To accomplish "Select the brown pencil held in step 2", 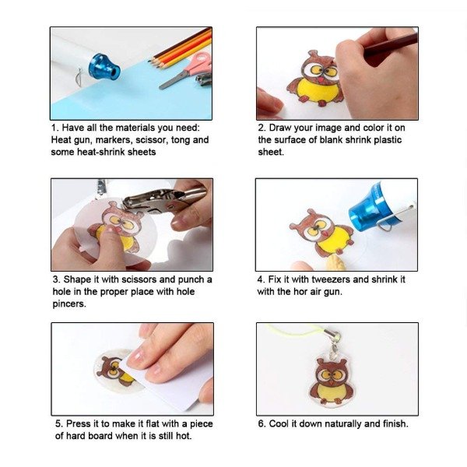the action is (x=390, y=44).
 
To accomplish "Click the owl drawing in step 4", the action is (x=322, y=232).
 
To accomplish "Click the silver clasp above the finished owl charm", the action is (x=334, y=342).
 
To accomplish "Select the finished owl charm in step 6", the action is (x=331, y=382).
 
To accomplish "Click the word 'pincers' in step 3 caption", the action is (x=68, y=304).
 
